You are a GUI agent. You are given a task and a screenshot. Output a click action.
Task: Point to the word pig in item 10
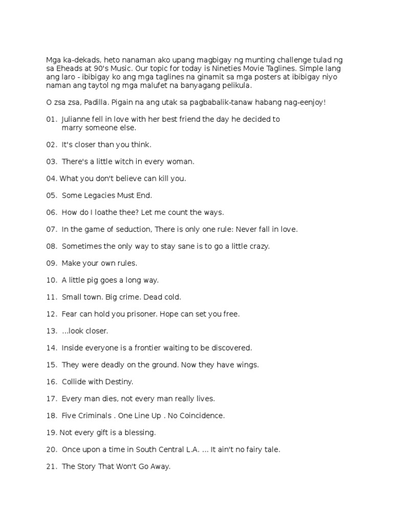pyautogui.click(x=96, y=280)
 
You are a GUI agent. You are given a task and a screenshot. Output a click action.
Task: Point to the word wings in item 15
pyautogui.click(x=248, y=365)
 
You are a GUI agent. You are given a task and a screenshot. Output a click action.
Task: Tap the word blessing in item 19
pyautogui.click(x=138, y=432)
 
